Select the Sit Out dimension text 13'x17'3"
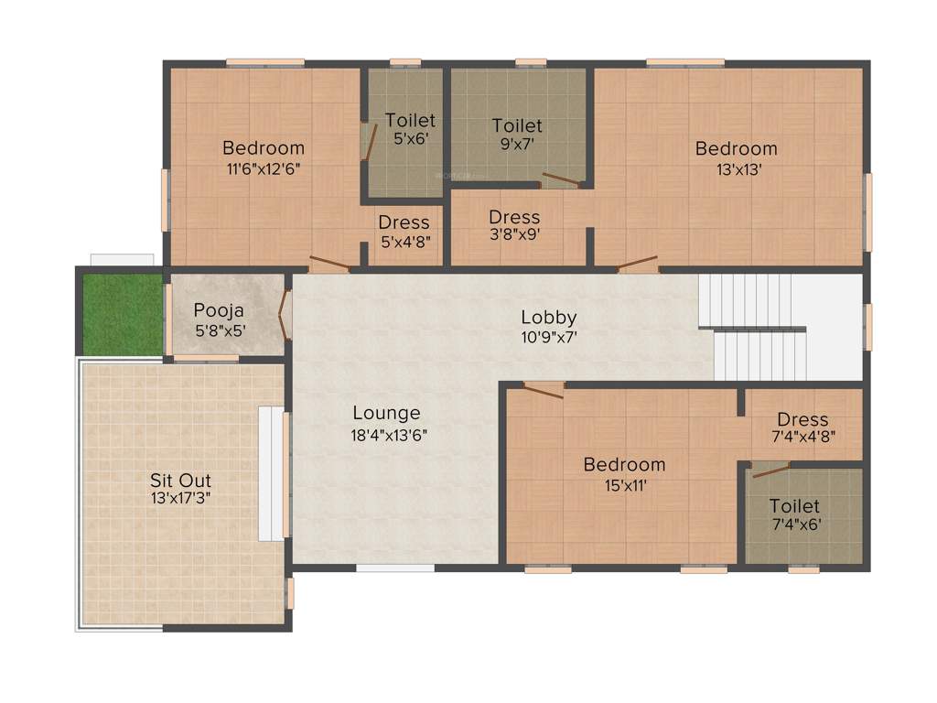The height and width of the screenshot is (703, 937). click(180, 499)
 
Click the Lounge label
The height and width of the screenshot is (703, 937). click(386, 414)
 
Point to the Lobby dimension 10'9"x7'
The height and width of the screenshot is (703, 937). click(549, 336)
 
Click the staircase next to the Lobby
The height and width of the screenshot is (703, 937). click(756, 328)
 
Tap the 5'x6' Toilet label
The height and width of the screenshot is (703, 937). click(410, 121)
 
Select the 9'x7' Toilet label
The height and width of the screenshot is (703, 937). click(517, 125)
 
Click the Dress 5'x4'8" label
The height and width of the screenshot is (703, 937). click(404, 222)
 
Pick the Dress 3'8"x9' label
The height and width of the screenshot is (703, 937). click(514, 218)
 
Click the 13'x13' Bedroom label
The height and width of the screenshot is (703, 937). click(736, 148)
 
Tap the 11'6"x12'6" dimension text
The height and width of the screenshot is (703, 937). click(264, 168)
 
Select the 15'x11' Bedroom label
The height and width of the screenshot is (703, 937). click(624, 465)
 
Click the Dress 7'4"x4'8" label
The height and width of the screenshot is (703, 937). click(803, 419)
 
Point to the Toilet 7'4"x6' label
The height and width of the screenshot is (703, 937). click(794, 505)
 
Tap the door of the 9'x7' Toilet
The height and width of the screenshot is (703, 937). click(561, 180)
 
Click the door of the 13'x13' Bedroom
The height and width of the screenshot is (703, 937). click(638, 265)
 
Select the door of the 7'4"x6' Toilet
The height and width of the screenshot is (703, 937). click(770, 470)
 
